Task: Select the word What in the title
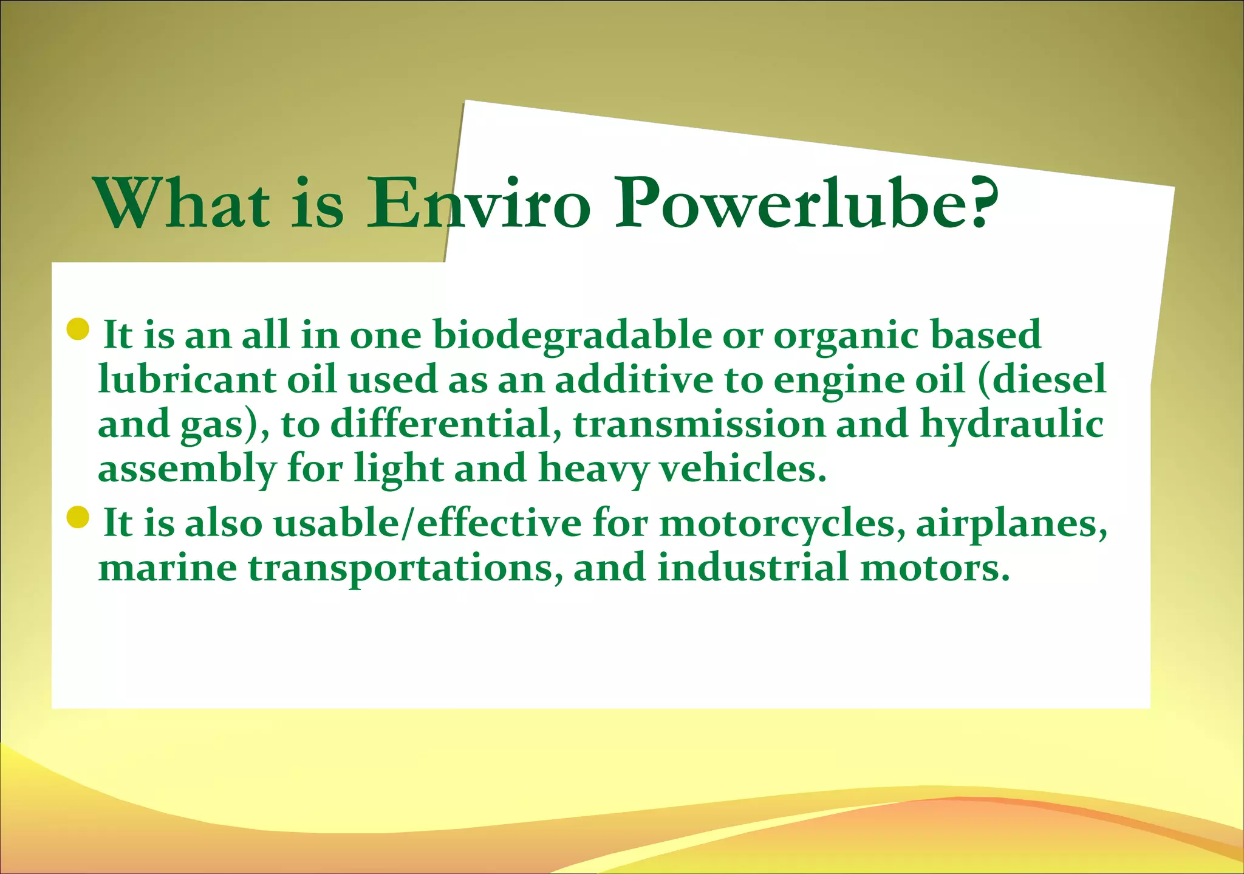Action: click(183, 203)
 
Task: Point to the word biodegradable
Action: click(572, 336)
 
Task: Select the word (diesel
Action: click(1042, 380)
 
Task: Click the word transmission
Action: click(699, 424)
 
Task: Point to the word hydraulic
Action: click(1012, 424)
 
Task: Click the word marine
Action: click(168, 568)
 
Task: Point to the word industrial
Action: click(753, 568)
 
